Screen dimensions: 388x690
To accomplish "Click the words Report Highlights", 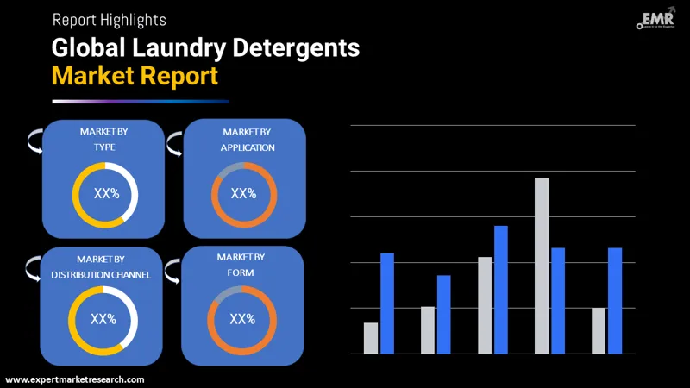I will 110,19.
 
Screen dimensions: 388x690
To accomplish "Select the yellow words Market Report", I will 135,76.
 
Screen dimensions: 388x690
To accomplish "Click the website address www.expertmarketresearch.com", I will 75,379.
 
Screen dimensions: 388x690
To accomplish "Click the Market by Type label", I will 104,140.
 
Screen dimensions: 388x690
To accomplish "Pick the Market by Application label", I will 247,140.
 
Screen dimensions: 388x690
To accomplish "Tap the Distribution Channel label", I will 101,267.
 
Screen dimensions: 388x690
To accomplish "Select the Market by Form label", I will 241,265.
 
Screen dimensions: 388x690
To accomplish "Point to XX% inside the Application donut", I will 243,194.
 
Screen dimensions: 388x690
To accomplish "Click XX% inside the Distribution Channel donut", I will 103,319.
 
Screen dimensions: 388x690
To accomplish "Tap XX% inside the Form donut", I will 242,319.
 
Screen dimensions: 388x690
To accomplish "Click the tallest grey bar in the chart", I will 542,266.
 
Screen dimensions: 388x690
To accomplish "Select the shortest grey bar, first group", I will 371,338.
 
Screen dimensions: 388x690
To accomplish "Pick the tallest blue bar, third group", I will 501,289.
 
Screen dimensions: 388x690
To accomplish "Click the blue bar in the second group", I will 444,314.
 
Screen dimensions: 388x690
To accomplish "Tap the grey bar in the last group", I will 599,330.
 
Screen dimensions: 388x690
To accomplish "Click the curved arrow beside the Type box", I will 34,142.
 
